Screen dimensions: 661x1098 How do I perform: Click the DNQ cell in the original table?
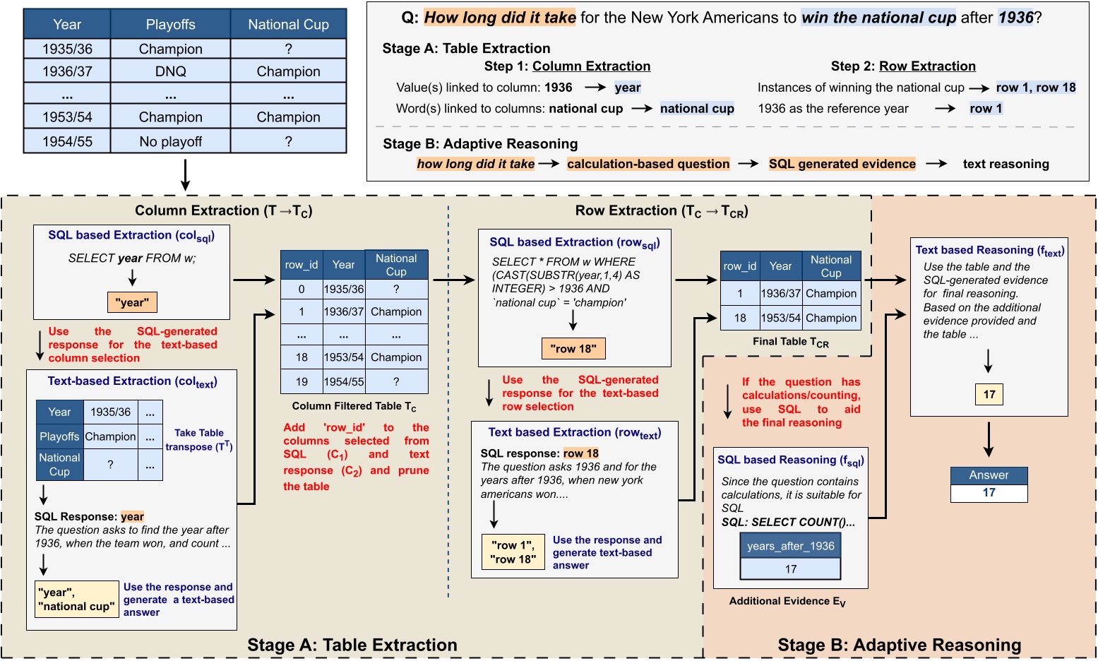[x=170, y=71]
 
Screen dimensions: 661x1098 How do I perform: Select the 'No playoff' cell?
[x=170, y=141]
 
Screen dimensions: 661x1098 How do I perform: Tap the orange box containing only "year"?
[x=132, y=302]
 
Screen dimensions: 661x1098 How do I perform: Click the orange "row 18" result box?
[x=573, y=348]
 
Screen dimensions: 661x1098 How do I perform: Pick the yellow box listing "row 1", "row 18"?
[x=513, y=552]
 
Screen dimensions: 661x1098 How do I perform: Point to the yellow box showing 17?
[x=989, y=395]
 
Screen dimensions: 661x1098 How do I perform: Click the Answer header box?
[x=989, y=475]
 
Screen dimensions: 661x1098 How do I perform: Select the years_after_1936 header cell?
[x=790, y=546]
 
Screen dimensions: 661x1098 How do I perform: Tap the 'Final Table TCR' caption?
[x=790, y=342]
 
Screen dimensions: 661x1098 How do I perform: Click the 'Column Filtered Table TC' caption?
[x=354, y=407]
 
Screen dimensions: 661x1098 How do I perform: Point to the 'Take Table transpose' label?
[x=199, y=440]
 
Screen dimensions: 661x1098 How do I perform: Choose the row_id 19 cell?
[x=302, y=382]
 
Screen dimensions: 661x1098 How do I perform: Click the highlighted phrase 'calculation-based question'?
[x=648, y=164]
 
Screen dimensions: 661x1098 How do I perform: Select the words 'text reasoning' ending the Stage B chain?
[x=1005, y=165]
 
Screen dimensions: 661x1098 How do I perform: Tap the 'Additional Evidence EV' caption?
[x=787, y=601]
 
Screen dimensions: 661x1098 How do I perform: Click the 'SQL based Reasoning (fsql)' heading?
[x=790, y=460]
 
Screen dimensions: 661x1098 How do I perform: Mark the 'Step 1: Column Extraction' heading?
[x=567, y=66]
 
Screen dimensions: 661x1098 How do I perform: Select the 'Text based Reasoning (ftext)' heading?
[x=989, y=251]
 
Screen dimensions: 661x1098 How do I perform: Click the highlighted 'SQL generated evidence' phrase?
[x=842, y=164]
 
